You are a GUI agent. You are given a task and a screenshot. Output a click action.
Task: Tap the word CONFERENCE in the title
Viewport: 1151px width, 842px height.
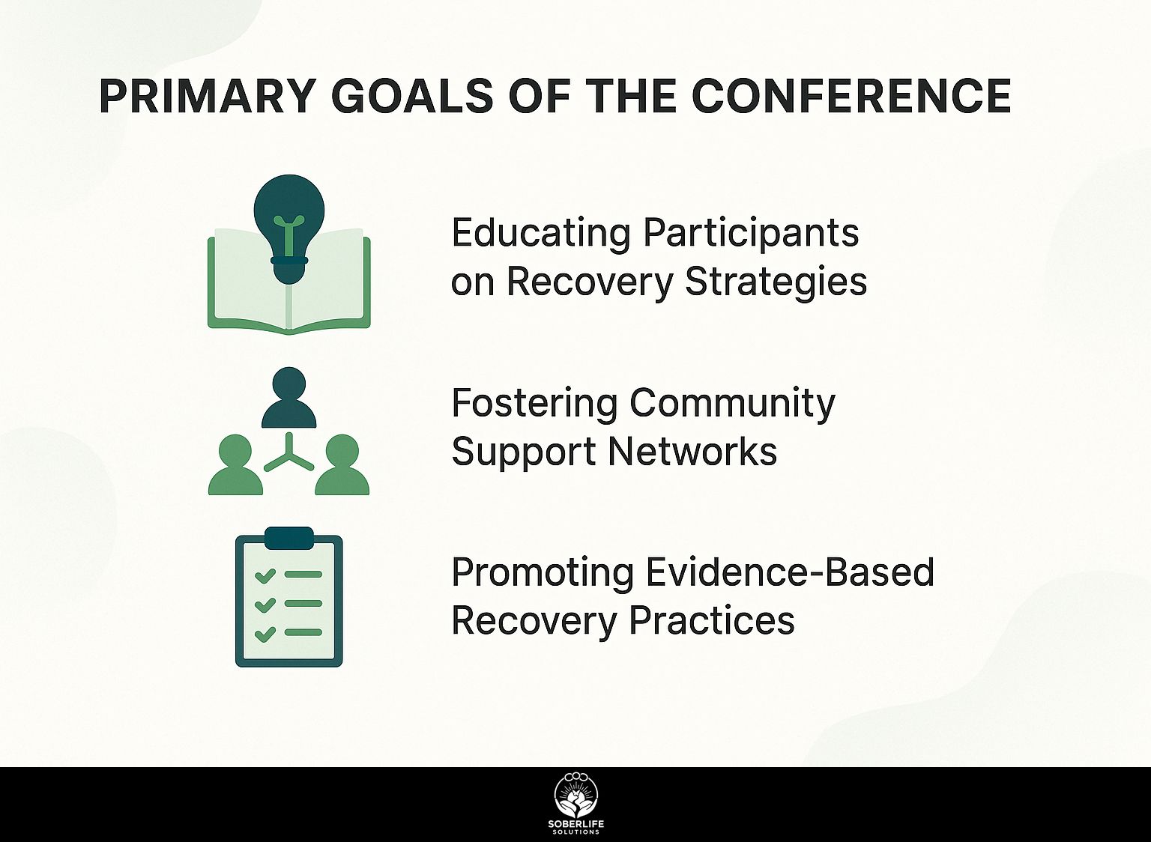(x=851, y=97)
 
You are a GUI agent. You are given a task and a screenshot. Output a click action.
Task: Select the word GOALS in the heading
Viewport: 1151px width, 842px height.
(x=413, y=97)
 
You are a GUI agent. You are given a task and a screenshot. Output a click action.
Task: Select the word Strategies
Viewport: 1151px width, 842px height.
(x=776, y=283)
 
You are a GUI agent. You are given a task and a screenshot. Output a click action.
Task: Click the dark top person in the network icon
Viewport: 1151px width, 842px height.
(x=288, y=398)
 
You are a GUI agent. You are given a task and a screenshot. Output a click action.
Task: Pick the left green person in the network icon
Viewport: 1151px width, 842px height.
(x=235, y=465)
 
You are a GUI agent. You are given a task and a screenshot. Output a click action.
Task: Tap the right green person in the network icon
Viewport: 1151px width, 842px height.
(x=342, y=465)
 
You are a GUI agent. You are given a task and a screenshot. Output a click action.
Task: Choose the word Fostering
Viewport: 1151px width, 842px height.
(x=534, y=403)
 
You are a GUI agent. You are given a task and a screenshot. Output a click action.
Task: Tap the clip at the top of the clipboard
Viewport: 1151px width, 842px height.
(x=288, y=539)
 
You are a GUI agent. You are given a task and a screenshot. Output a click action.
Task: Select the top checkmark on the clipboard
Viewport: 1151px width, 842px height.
(x=265, y=575)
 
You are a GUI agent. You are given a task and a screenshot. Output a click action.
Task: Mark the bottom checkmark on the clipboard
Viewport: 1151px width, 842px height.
(x=265, y=634)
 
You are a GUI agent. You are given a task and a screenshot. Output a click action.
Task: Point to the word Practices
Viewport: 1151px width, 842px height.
(x=712, y=620)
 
